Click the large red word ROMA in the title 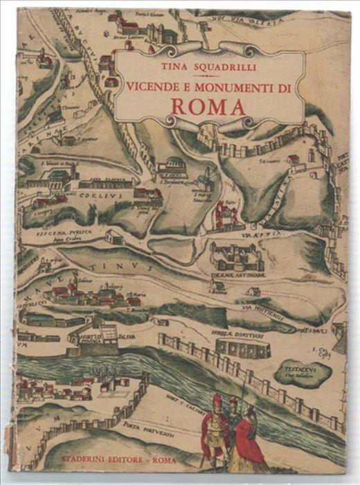[210, 107]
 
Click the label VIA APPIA [260, 236]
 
